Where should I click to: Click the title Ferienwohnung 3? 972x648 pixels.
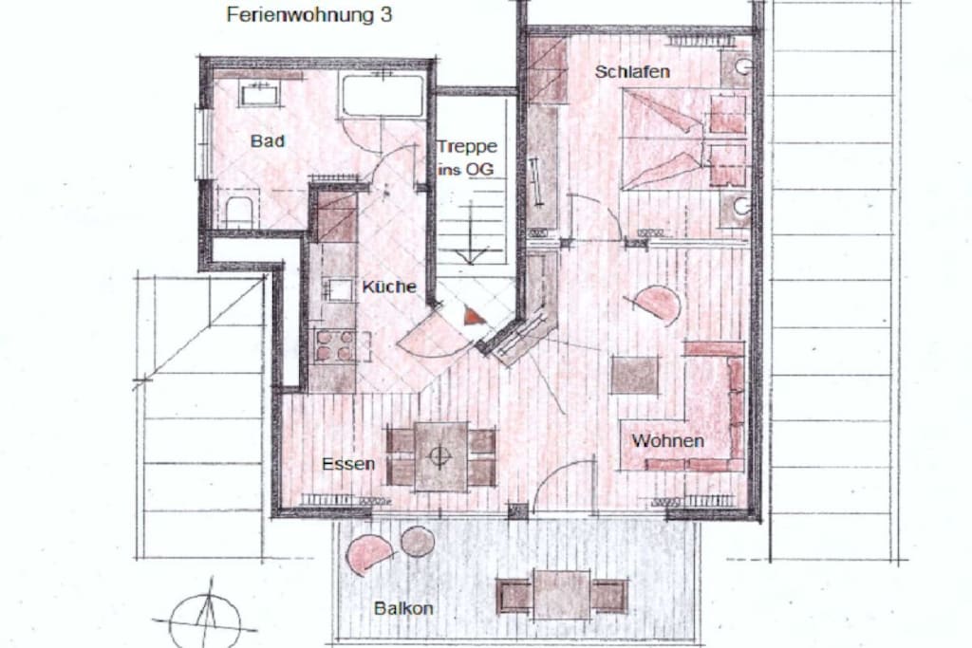click(309, 15)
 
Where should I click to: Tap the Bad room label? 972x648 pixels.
click(267, 141)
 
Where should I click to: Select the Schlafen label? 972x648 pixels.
click(632, 72)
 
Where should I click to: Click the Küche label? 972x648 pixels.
click(389, 287)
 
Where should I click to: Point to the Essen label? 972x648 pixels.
click(348, 464)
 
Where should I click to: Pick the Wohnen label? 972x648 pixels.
click(667, 441)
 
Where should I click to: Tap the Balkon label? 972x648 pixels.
click(403, 608)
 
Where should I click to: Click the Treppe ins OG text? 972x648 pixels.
click(467, 157)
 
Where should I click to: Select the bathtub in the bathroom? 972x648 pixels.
click(383, 95)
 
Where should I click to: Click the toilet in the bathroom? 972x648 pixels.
click(238, 212)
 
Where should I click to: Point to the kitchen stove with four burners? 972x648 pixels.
click(335, 345)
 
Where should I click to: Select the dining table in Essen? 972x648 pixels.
click(440, 456)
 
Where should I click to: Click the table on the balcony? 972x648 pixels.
click(562, 595)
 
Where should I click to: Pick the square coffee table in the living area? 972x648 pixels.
click(635, 375)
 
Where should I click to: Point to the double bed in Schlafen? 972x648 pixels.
click(684, 139)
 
